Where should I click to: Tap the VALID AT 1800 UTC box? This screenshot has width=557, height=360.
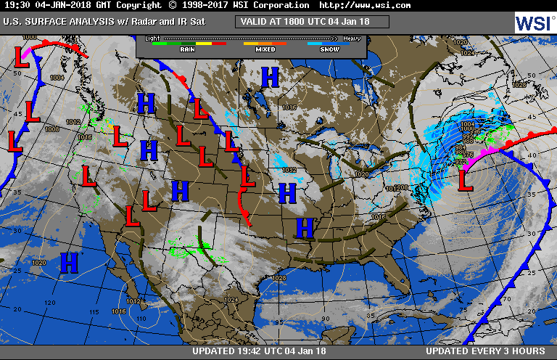click(312, 22)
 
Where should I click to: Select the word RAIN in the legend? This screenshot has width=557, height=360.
click(187, 50)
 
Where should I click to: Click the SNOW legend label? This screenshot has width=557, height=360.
click(330, 50)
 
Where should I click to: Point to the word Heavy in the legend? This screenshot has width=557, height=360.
click(352, 37)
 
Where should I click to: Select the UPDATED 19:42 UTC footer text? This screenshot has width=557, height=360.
click(260, 351)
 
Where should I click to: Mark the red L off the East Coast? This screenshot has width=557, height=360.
click(466, 178)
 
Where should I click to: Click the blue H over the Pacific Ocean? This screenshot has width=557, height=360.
click(70, 261)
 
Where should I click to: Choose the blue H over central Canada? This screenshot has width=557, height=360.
click(270, 75)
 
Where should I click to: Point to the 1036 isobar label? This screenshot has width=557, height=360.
click(289, 108)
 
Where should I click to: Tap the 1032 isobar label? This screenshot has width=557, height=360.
click(289, 171)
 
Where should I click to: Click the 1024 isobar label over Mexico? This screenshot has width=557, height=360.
click(231, 300)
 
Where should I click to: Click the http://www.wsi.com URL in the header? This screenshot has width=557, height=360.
click(365, 5)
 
